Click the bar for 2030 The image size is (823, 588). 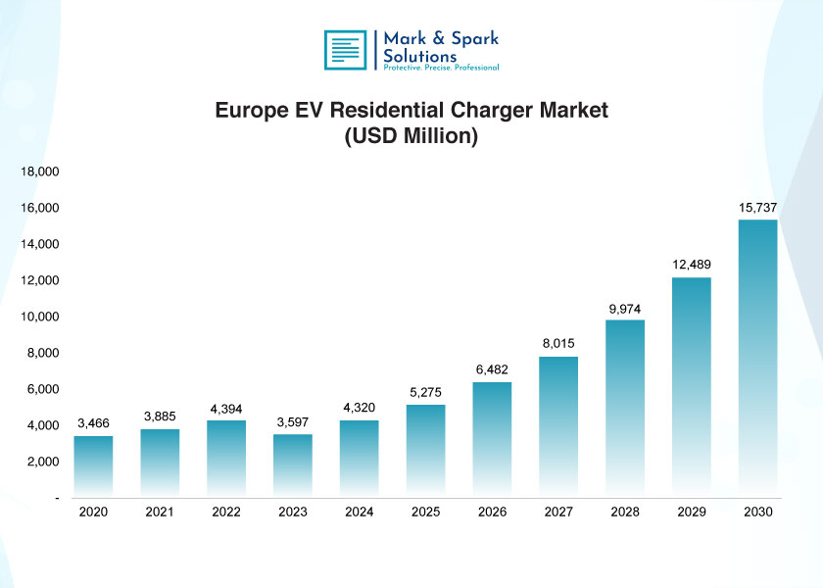[757, 357]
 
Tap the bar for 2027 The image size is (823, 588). [558, 425]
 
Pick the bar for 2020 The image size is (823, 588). [93, 465]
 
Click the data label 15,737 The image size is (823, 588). [757, 207]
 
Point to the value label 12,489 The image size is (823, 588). [691, 265]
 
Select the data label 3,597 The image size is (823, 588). [292, 421]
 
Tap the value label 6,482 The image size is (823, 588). [492, 368]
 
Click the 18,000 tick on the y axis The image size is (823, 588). [40, 171]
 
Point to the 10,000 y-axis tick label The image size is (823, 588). [40, 317]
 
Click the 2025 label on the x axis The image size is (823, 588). [425, 512]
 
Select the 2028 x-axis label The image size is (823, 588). [624, 512]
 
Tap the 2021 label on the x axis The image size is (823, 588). [160, 512]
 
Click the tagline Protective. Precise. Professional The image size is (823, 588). [440, 68]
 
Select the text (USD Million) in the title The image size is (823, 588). [411, 136]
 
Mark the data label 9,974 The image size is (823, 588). [624, 310]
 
